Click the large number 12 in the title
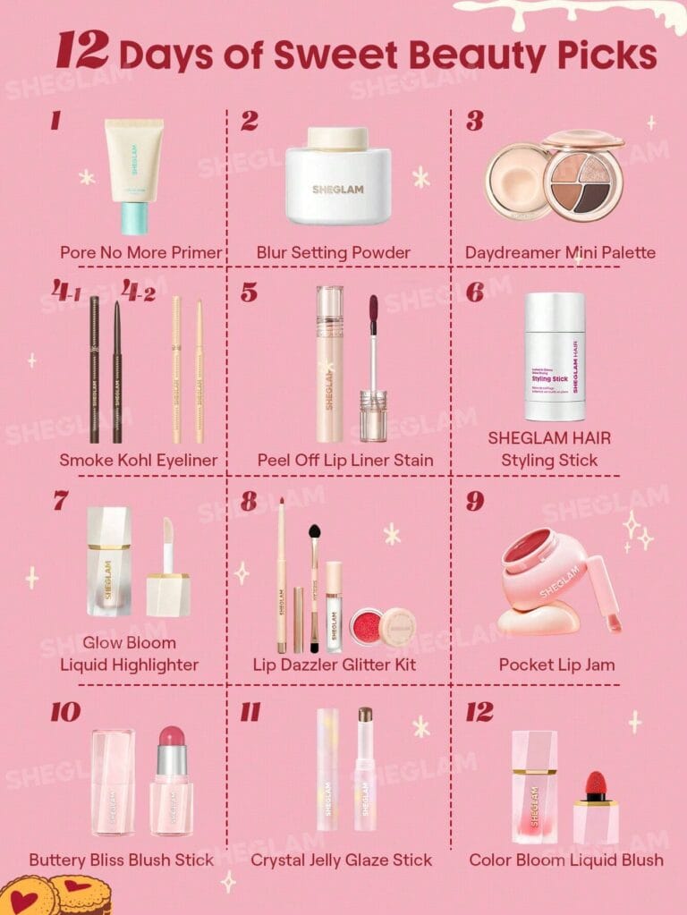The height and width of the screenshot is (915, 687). coord(82,51)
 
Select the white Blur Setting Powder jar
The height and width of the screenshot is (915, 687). coord(338,179)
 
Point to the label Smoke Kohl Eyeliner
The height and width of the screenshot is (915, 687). coord(139,461)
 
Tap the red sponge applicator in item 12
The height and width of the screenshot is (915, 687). coord(595,786)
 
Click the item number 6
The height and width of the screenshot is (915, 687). coord(475,292)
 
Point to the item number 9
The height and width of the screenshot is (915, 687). coord(475,501)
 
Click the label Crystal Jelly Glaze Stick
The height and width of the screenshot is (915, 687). coord(341,860)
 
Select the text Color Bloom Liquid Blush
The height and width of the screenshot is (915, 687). coord(566,860)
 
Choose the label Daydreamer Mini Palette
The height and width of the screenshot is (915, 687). coord(560,252)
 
